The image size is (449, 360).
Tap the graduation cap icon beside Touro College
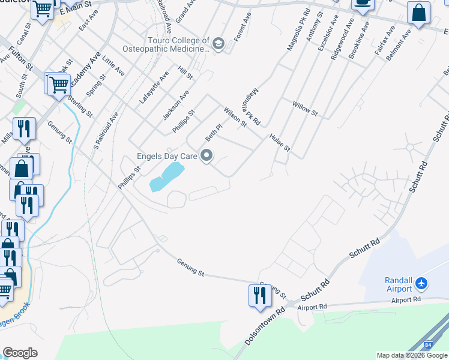click(x=218, y=44)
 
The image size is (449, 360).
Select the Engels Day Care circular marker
click(x=207, y=157)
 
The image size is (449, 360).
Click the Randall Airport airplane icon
click(x=422, y=282)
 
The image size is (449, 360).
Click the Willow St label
click(x=304, y=109)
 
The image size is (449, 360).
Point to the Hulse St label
click(x=280, y=143)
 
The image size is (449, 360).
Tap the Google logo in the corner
click(x=20, y=353)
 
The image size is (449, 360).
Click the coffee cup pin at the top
click(x=362, y=4)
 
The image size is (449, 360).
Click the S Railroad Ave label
click(x=106, y=130)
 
